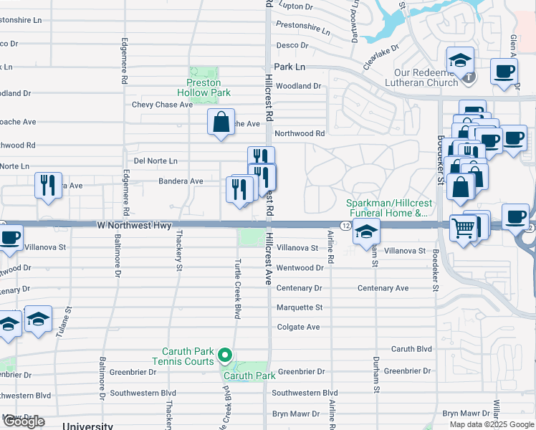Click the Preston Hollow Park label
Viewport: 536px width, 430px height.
[x=204, y=87]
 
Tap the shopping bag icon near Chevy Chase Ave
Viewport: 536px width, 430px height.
[x=221, y=122]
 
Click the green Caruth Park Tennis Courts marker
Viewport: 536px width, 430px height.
[x=225, y=354]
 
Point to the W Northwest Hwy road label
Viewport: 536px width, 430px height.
[x=134, y=226]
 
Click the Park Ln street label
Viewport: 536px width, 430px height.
[x=289, y=66]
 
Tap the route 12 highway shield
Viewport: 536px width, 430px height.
[x=345, y=226]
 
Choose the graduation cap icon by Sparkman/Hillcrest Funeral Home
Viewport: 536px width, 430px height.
[x=366, y=231]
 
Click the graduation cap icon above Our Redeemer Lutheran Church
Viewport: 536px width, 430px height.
[x=459, y=59]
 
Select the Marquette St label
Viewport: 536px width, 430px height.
[x=300, y=307]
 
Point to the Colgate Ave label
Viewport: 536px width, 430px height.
[x=298, y=327]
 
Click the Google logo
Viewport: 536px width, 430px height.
[x=24, y=421]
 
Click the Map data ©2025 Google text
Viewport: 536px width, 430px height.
[x=491, y=424]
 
